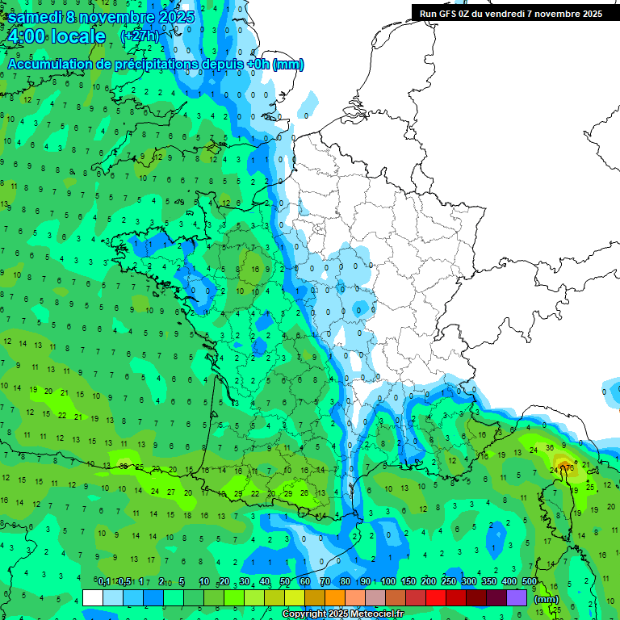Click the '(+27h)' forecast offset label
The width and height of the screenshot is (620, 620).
click(139, 36)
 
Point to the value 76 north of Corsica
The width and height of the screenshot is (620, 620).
click(568, 467)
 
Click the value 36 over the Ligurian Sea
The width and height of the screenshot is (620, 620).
click(549, 448)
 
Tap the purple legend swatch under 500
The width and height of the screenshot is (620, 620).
click(517, 598)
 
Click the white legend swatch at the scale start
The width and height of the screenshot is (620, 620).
click(93, 598)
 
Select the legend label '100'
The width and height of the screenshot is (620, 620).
click(388, 582)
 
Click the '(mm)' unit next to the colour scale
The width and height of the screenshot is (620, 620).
click(547, 599)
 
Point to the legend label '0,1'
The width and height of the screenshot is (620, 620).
click(104, 582)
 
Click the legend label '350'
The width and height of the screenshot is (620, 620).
click(489, 582)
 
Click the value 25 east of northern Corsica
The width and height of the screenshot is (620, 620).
click(589, 487)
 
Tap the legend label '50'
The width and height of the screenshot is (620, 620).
click(285, 582)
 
